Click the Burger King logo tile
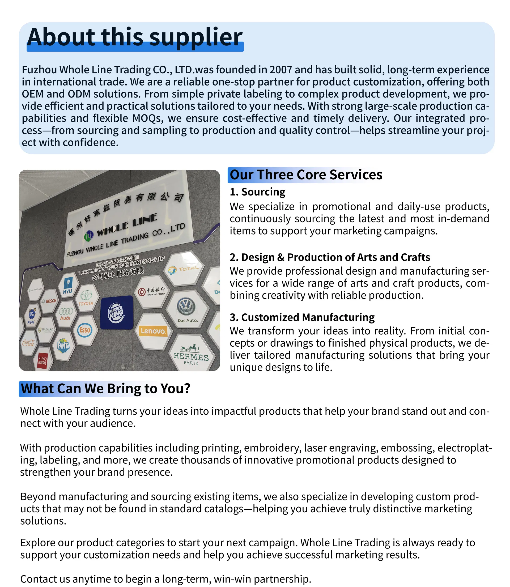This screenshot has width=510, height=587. (117, 312)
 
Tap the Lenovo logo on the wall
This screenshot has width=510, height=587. (153, 331)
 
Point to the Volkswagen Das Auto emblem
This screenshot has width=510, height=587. (187, 309)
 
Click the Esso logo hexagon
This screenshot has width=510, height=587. (84, 330)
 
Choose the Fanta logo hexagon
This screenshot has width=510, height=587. (63, 346)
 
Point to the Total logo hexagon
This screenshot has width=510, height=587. (184, 269)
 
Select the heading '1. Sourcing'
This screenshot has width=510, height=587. (257, 192)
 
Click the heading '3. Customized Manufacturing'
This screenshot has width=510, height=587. (302, 317)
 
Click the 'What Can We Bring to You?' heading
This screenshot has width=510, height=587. (105, 389)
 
